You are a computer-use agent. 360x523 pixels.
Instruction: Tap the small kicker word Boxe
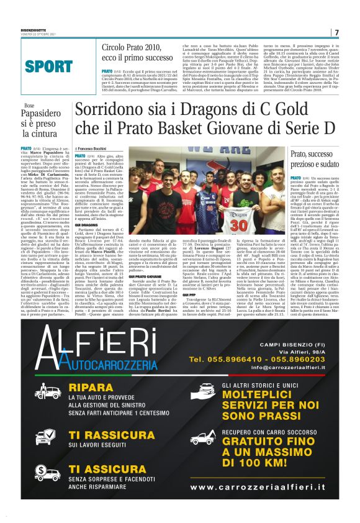click(29, 106)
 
